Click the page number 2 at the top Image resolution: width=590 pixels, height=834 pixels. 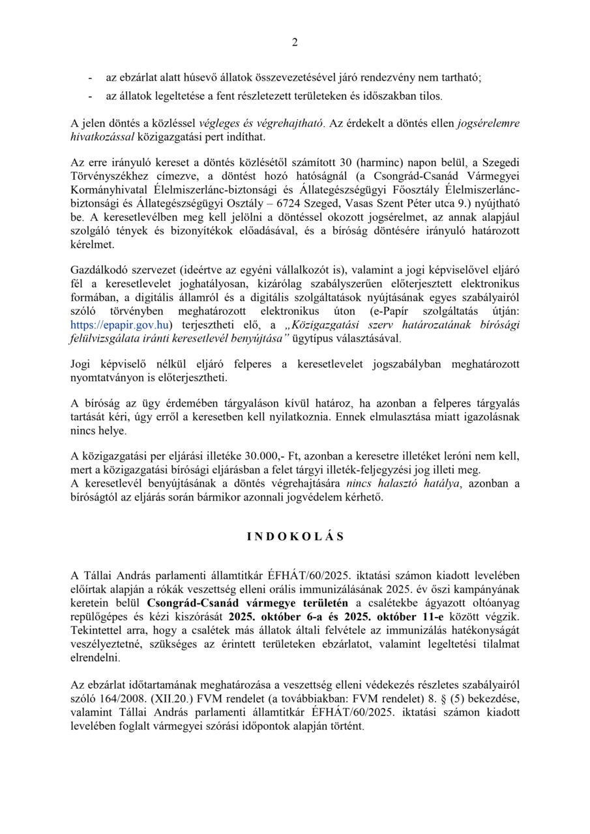(295, 43)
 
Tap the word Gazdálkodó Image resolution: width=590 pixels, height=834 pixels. (101, 269)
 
